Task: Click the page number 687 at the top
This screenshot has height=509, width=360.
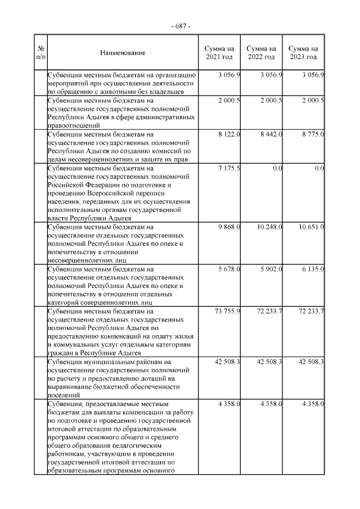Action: click(180, 26)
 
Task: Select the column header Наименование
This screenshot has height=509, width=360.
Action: click(123, 53)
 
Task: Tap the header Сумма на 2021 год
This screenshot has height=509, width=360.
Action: click(219, 53)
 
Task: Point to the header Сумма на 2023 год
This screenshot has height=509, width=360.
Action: click(304, 53)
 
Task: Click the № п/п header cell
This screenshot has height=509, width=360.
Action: click(40, 53)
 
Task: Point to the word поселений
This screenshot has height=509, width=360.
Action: click(64, 395)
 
